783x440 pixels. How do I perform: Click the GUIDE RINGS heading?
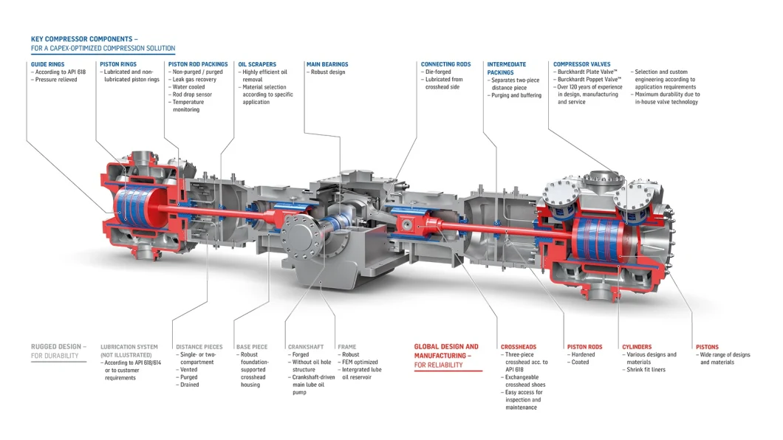[47, 64]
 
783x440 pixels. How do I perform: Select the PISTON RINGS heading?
[118, 64]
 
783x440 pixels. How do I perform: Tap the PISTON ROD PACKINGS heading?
[198, 64]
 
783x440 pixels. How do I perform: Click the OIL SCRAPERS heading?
[257, 64]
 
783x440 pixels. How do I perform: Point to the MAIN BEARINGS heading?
[327, 64]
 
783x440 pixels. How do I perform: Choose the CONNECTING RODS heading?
[445, 64]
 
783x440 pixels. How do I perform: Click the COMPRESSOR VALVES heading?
[582, 64]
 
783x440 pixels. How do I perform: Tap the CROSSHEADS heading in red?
[519, 347]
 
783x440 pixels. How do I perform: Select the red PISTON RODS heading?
[585, 347]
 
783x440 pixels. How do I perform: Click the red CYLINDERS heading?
[637, 347]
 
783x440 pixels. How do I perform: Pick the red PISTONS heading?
[707, 347]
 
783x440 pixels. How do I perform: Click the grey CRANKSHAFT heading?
[306, 347]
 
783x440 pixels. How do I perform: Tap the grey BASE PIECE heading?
[252, 347]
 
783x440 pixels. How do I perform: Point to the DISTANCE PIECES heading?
[199, 347]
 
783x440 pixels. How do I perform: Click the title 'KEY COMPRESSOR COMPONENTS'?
[81, 39]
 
